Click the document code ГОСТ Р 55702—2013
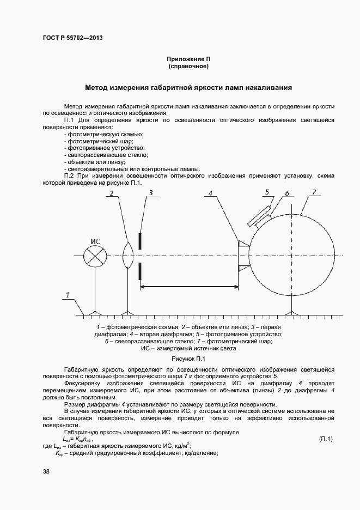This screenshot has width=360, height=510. (72, 38)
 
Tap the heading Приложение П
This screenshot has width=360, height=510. (188, 58)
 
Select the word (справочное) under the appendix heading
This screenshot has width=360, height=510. (188, 66)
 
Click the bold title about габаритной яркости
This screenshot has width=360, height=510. (188, 87)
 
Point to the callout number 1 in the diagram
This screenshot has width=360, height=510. (68, 295)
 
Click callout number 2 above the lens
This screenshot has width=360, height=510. (111, 193)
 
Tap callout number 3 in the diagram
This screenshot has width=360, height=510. (151, 192)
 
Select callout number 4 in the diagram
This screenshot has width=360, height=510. (211, 192)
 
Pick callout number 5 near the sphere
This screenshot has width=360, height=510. (267, 191)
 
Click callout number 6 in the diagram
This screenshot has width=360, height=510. (287, 193)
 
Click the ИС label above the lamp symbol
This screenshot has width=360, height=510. (96, 241)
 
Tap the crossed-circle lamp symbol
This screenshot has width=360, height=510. (95, 256)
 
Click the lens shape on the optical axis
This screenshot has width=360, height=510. (128, 256)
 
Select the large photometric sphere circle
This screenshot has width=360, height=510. (291, 256)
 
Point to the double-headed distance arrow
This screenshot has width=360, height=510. (190, 287)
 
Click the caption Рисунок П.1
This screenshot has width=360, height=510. (188, 359)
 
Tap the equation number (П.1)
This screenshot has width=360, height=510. (325, 439)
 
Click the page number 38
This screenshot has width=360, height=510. (46, 472)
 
